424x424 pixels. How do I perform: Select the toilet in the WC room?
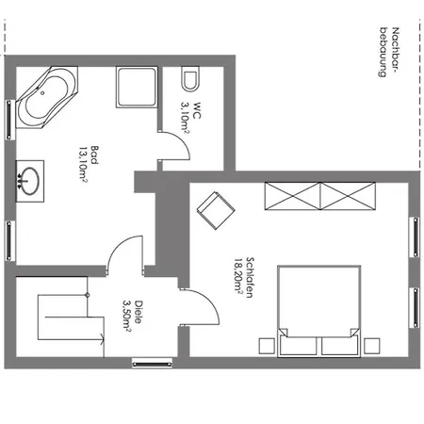[x=189, y=77]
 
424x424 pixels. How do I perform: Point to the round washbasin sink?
[x=30, y=178]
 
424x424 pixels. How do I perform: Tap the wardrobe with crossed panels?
[x=321, y=197]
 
